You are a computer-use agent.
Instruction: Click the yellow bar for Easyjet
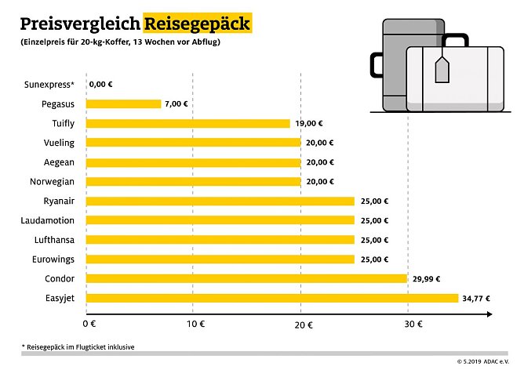pyautogui.click(x=271, y=298)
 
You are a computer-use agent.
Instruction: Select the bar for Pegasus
pyautogui.click(x=123, y=103)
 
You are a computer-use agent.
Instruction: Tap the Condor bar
pyautogui.click(x=246, y=278)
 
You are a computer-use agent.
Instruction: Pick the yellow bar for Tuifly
pyautogui.click(x=187, y=123)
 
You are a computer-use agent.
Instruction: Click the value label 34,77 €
pyautogui.click(x=479, y=298)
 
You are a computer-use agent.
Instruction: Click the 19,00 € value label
pyautogui.click(x=310, y=123)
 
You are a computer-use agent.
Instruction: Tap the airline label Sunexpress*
pyautogui.click(x=49, y=84)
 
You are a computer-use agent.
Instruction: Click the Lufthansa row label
pyautogui.click(x=51, y=240)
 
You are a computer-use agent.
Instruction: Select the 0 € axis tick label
pyautogui.click(x=89, y=324)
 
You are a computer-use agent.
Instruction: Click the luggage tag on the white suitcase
pyautogui.click(x=442, y=68)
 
